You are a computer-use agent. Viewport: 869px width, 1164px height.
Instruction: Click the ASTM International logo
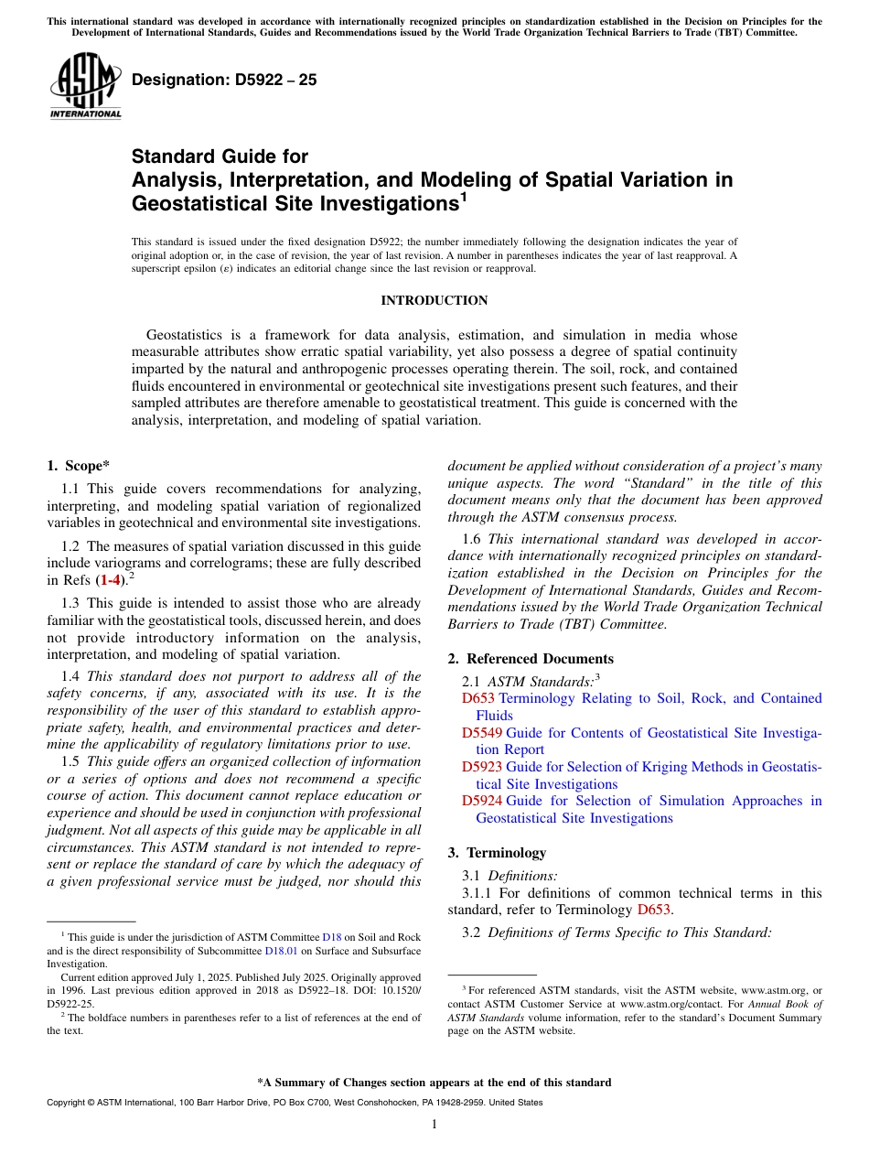pos(85,85)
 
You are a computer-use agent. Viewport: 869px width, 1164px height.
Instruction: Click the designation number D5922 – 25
pos(224,80)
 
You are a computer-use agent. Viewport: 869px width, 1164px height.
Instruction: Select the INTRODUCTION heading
pos(434,300)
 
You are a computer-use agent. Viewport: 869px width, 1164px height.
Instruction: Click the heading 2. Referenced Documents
pos(531,659)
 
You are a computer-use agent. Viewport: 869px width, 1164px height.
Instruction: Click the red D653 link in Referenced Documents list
pos(478,698)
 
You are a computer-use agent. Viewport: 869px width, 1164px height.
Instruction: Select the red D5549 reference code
pos(482,733)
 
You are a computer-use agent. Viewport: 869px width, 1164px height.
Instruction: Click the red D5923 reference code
pos(482,767)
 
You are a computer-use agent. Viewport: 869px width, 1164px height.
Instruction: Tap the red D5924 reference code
pos(482,801)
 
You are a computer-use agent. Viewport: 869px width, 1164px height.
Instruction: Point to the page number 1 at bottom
pos(434,1125)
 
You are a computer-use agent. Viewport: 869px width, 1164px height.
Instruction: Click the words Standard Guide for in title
pos(220,156)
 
